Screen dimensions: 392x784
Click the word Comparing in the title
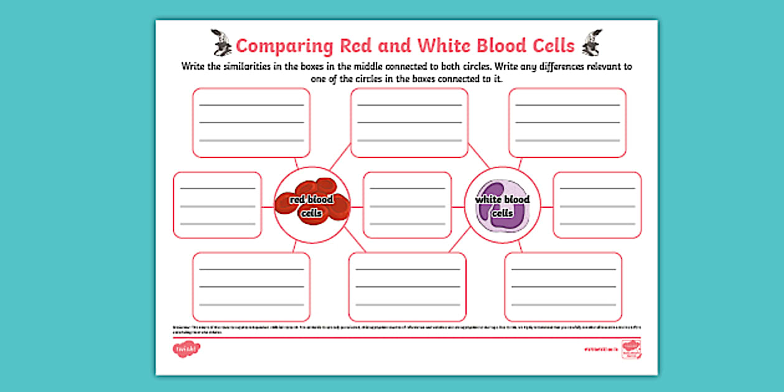click(x=284, y=45)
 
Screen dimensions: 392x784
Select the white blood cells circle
click(x=502, y=205)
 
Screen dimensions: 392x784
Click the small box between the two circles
click(x=408, y=205)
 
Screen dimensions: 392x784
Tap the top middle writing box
click(x=409, y=123)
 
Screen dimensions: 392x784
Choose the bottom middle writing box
click(x=408, y=287)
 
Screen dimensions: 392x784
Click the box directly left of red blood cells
click(x=217, y=205)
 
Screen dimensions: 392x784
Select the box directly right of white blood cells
click(x=597, y=205)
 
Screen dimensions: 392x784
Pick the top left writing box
click(x=251, y=123)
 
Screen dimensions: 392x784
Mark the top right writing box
click(x=567, y=123)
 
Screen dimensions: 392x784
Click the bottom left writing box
click(x=251, y=287)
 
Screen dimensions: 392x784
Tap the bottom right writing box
click(x=563, y=287)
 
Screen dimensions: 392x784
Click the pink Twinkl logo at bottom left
click(x=187, y=350)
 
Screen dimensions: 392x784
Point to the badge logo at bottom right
click(x=631, y=348)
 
